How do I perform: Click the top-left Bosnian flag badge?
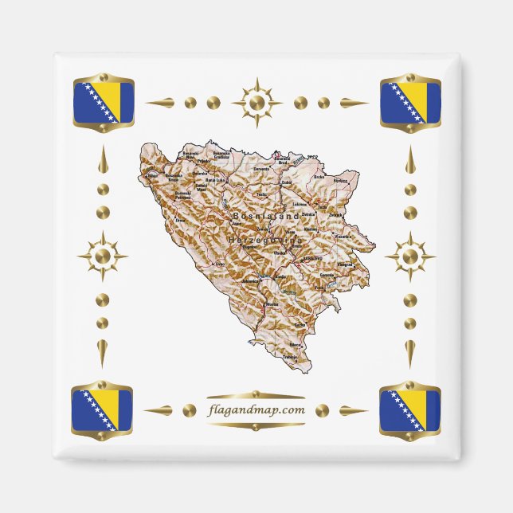coord(103,103)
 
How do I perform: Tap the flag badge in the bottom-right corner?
coord(410,410)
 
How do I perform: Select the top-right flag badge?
coord(410,103)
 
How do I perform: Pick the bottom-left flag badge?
coord(103,410)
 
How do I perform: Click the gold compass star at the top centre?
coord(256,103)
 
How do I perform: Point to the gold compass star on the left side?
coord(103,256)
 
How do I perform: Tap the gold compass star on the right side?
coord(410,256)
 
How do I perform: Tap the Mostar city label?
coord(273,305)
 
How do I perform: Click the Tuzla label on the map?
coord(322,209)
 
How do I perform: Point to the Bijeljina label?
coord(341,181)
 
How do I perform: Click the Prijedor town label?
coord(192,160)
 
